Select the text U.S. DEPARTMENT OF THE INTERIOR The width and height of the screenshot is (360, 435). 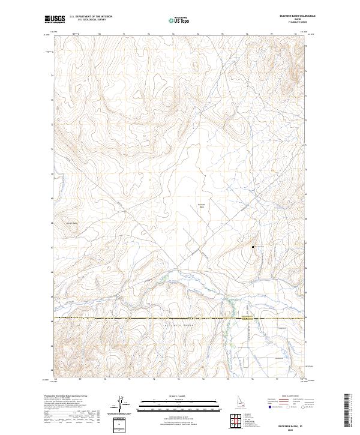(91, 17)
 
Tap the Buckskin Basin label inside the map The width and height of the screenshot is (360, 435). (202, 205)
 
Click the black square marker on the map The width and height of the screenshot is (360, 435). (253, 247)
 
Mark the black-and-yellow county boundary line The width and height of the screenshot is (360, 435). (150, 318)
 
